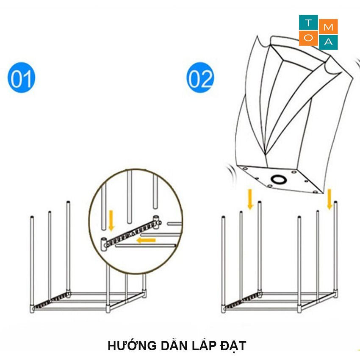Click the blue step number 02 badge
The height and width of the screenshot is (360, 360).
pos(200,78)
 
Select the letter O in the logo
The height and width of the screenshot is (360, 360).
pos(308,38)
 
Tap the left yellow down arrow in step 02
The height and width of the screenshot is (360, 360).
pos(250,199)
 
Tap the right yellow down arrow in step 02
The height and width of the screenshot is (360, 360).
pos(329,199)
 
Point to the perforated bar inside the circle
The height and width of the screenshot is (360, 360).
pos(132,232)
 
